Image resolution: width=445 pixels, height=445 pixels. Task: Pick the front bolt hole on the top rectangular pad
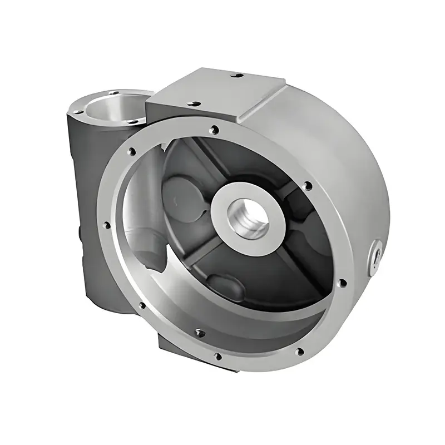coord(194,103)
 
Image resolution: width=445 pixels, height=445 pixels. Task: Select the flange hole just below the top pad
coord(214,131)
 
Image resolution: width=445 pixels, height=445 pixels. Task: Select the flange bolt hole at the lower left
coord(142,305)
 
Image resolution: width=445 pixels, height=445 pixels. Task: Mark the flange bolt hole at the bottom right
coord(300,352)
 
